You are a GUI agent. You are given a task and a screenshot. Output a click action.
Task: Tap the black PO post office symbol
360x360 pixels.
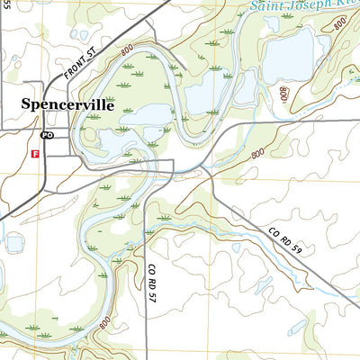click(x=48, y=135)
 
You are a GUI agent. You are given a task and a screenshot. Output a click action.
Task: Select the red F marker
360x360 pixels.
click(x=35, y=154)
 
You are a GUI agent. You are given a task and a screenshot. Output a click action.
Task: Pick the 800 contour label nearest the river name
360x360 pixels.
click(x=337, y=23)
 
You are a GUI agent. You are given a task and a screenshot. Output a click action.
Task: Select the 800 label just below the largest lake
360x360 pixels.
click(x=284, y=94)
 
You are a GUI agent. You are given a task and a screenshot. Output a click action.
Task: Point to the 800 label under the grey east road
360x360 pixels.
click(x=258, y=154)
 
